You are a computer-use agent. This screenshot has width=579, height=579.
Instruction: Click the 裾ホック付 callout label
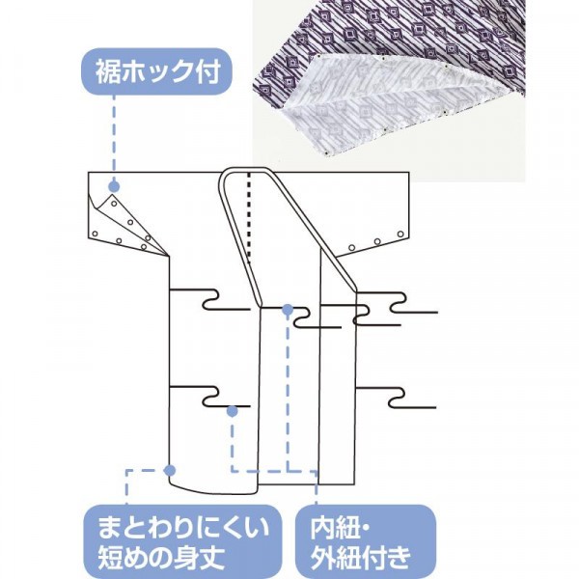pos(156,71)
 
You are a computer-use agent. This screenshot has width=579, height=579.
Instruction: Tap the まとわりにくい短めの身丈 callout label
pos(181,541)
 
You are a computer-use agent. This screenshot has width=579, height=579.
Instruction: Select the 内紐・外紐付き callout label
pos(366,541)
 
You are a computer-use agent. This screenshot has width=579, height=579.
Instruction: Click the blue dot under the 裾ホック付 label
pos(114,185)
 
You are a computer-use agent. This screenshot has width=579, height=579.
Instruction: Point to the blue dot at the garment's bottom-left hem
pos(170,470)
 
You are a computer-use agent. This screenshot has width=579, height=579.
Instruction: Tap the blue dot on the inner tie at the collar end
pos(288,310)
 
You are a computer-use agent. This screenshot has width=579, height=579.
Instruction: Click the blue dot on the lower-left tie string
pos(232,411)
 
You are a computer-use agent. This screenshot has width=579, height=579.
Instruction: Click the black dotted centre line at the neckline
pos(250,217)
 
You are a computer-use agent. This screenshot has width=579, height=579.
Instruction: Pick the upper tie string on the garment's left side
pos(209,299)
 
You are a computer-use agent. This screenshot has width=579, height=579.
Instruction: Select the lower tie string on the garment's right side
pos(396,398)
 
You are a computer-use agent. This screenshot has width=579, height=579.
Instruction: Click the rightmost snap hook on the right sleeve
pos(400,234)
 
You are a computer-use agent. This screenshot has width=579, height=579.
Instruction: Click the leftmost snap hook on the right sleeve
pos(352,247)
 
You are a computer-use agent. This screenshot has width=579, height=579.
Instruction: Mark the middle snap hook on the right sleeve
pos(377,242)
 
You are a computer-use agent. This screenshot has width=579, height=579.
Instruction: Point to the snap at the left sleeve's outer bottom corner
pos(95,234)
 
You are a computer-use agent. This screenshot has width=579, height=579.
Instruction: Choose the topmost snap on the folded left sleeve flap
pos(114,204)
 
